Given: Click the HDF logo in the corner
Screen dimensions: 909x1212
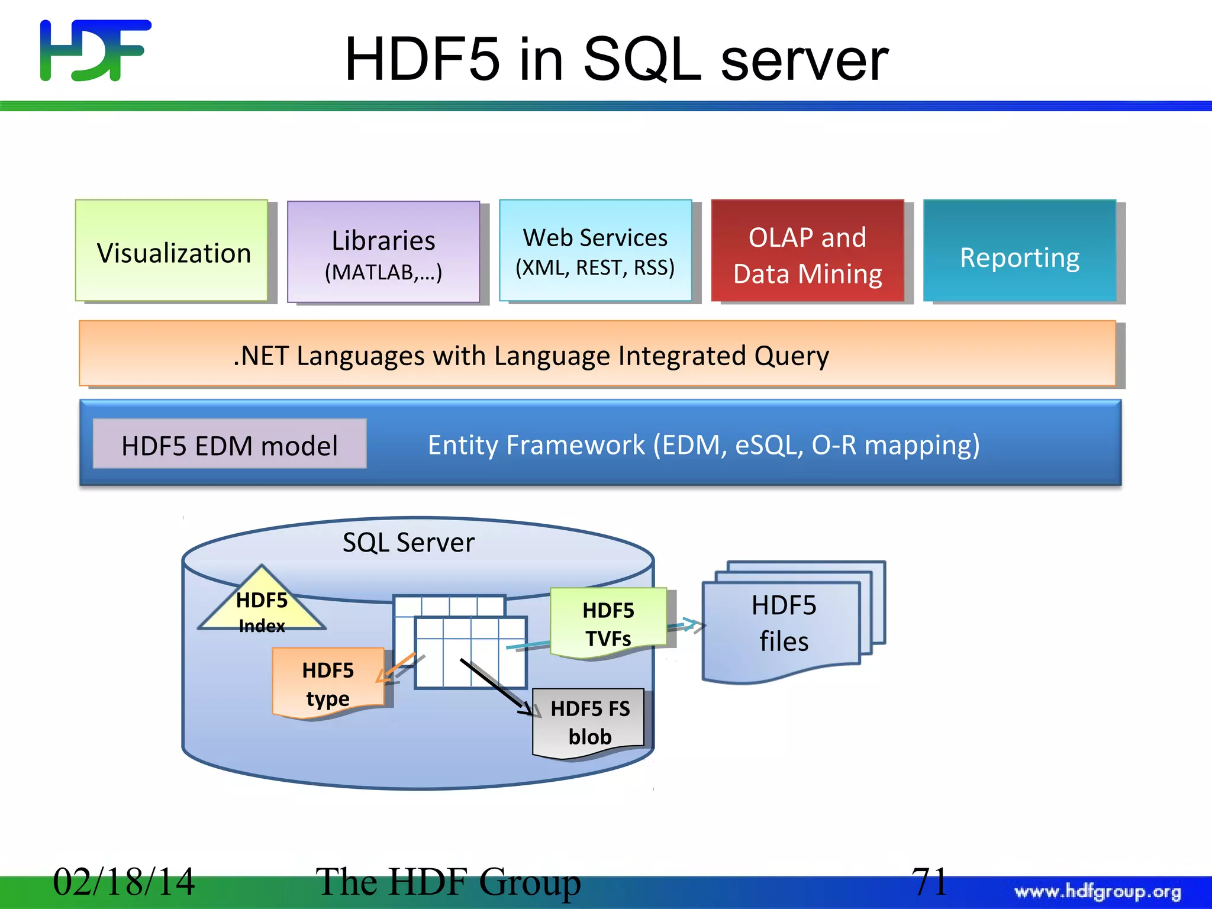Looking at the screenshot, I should click(x=95, y=50).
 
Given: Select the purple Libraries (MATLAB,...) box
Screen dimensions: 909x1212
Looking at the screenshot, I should click(x=383, y=253).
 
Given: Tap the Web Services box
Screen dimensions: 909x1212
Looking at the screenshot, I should click(x=595, y=251).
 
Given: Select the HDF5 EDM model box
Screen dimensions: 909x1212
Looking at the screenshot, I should click(x=230, y=445).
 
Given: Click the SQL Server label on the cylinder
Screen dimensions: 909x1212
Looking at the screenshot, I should click(x=408, y=542).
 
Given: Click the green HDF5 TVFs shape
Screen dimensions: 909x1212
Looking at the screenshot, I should click(x=608, y=623).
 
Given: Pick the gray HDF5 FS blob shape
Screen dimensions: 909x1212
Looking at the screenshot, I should click(x=589, y=722).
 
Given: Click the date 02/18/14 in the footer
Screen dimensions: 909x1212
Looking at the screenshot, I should click(x=124, y=881).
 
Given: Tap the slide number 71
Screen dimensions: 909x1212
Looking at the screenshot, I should click(x=929, y=881).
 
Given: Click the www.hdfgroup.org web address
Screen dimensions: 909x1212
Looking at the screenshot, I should click(x=1098, y=891).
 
